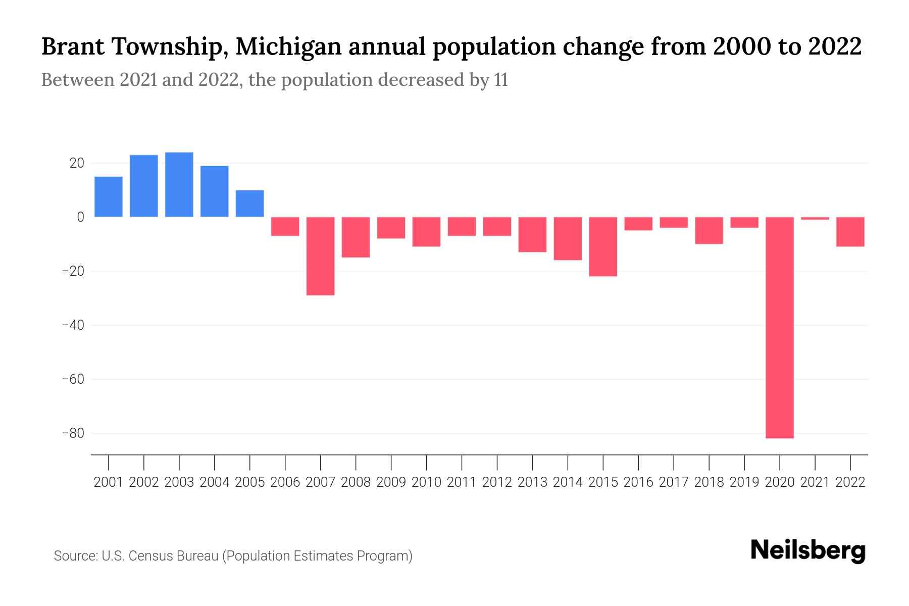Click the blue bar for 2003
pyautogui.click(x=179, y=185)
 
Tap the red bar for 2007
pyautogui.click(x=320, y=256)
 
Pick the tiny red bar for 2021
pyautogui.click(x=815, y=218)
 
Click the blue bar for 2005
pyautogui.click(x=249, y=204)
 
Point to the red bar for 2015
pyautogui.click(x=602, y=246)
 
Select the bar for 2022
pyautogui.click(x=850, y=232)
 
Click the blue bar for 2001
pyautogui.click(x=109, y=197)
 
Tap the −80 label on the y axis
pyautogui.click(x=73, y=433)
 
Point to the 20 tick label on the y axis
pyautogui.click(x=77, y=163)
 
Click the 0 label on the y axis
pyautogui.click(x=80, y=217)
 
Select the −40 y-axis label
pyautogui.click(x=73, y=325)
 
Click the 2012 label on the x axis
pyautogui.click(x=497, y=482)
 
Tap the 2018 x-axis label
pyautogui.click(x=709, y=482)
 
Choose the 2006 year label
pyautogui.click(x=285, y=482)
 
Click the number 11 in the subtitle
pyautogui.click(x=500, y=80)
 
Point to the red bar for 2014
pyautogui.click(x=567, y=238)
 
